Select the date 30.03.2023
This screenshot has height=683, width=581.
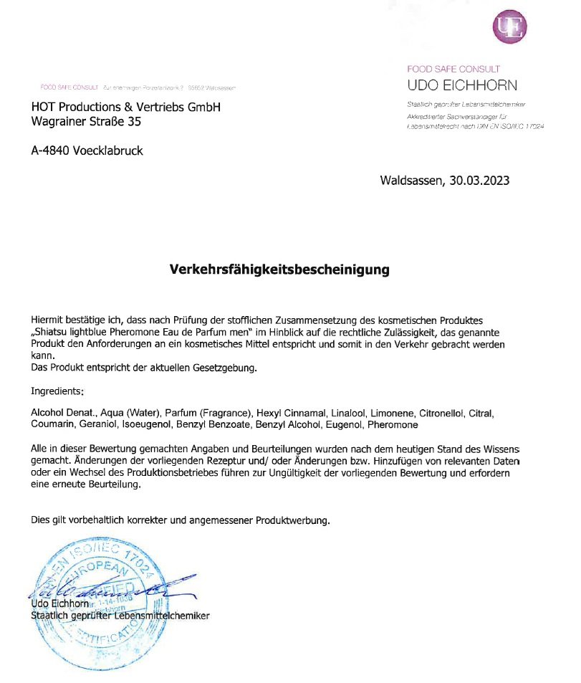[x=480, y=181]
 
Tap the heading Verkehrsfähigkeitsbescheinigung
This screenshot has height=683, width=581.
[x=279, y=270]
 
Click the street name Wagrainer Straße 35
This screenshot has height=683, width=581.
[x=86, y=122]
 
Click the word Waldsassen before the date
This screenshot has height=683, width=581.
[x=411, y=181]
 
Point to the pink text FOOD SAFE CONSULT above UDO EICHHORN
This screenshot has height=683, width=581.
[x=453, y=70]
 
